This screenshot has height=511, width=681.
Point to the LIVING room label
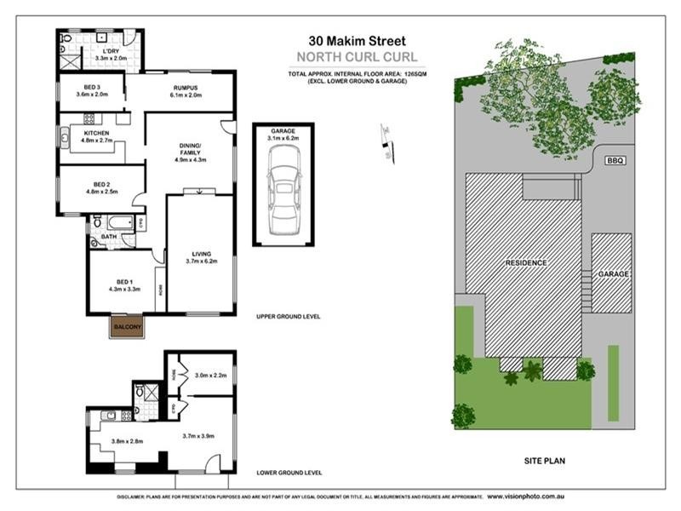click(x=202, y=254)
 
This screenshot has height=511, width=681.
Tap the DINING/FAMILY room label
click(x=191, y=149)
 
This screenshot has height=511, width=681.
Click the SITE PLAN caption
click(x=544, y=461)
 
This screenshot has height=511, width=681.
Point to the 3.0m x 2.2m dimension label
click(x=210, y=375)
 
